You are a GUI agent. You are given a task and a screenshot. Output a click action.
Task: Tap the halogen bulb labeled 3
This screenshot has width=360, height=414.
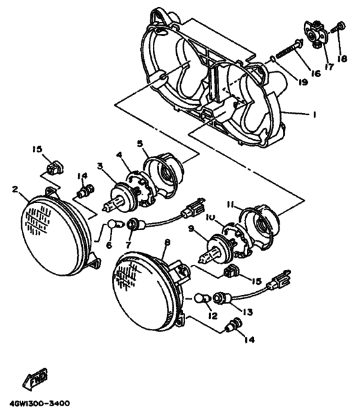point(119,195)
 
